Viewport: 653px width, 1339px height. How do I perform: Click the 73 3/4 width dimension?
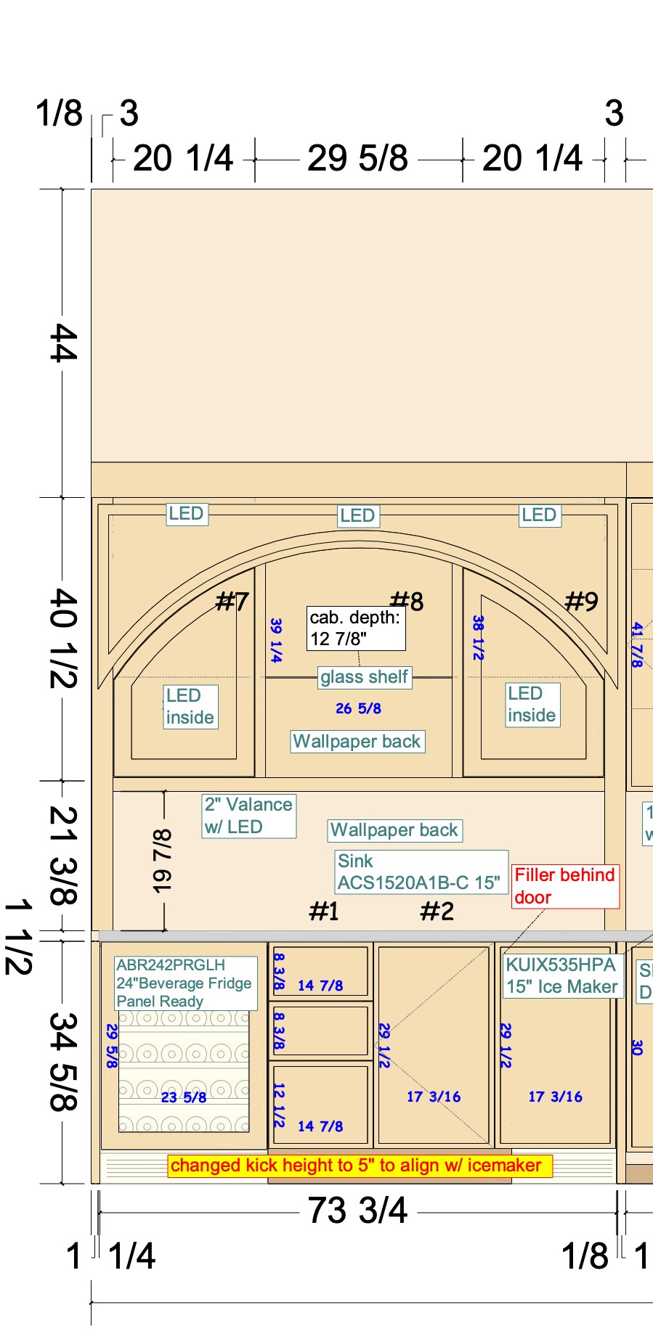(357, 1210)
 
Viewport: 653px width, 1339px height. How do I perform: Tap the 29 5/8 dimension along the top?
(357, 157)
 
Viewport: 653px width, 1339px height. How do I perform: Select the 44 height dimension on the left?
(62, 343)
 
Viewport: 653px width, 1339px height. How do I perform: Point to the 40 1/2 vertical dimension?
(62, 639)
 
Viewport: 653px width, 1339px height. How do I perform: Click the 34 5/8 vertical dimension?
(62, 1062)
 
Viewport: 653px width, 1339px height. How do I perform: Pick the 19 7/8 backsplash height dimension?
(162, 861)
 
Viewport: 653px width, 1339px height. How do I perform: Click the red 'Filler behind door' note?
(565, 885)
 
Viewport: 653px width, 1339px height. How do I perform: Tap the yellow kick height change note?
(356, 1166)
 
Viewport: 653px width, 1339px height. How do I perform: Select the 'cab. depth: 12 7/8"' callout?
(355, 628)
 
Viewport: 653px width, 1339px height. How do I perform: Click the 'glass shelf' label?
(364, 677)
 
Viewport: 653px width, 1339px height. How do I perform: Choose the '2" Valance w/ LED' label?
(248, 816)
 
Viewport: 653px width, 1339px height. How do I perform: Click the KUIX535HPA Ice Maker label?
(562, 975)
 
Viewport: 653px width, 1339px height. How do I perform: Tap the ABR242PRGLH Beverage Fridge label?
(184, 983)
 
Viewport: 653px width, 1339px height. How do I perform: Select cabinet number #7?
(232, 601)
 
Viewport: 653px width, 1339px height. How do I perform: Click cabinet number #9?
(582, 601)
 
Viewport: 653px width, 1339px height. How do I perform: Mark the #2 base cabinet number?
(437, 911)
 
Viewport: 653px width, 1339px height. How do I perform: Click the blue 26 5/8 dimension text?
(358, 708)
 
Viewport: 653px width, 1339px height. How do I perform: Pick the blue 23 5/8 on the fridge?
(184, 1097)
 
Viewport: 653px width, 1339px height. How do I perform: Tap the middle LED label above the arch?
(357, 516)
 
